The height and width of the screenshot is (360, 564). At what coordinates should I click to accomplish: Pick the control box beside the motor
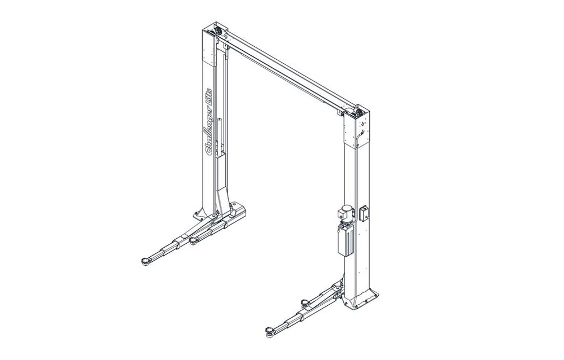pyautogui.click(x=364, y=214)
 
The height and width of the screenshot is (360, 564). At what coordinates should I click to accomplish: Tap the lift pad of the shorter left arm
pyautogui.click(x=194, y=241)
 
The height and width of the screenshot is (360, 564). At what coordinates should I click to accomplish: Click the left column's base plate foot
pyautogui.click(x=199, y=214)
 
